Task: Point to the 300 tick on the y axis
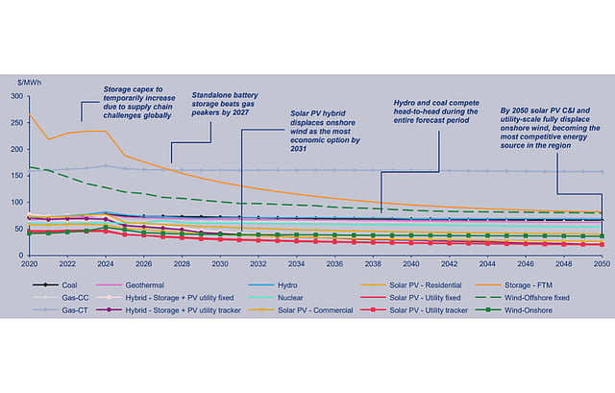pos(16,97)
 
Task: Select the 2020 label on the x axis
pos(29,263)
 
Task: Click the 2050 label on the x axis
pos(601,263)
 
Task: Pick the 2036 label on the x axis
pos(334,263)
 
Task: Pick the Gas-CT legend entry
pos(71,311)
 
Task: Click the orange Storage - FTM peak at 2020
pos(30,116)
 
